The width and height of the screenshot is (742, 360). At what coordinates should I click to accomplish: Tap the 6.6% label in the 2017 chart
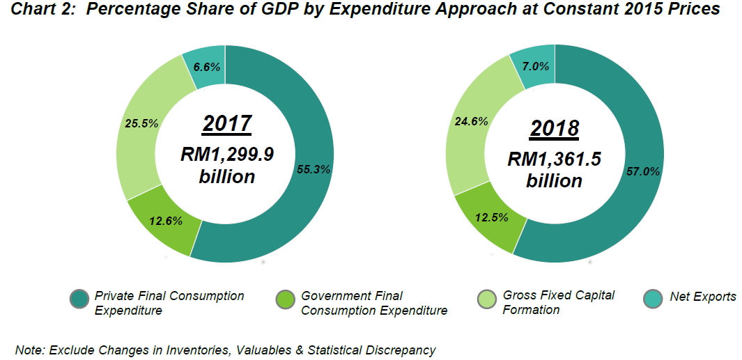pyautogui.click(x=207, y=67)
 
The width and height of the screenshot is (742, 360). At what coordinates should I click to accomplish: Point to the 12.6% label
pyautogui.click(x=166, y=221)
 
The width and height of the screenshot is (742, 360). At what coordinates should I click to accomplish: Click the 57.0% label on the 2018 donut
pyautogui.click(x=643, y=171)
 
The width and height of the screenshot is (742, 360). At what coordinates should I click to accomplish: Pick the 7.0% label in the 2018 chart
pyautogui.click(x=535, y=67)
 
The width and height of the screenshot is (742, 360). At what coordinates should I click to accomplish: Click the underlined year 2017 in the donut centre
pyautogui.click(x=226, y=123)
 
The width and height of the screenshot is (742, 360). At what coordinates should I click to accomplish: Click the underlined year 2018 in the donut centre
pyautogui.click(x=554, y=128)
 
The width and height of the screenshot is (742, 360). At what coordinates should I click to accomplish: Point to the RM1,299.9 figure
pyautogui.click(x=227, y=154)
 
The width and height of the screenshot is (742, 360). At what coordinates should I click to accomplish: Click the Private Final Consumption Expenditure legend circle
pyautogui.click(x=79, y=299)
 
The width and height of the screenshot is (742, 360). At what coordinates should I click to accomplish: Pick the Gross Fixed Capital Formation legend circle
pyautogui.click(x=487, y=299)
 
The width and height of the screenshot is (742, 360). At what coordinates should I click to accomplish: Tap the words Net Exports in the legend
pyautogui.click(x=702, y=297)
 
